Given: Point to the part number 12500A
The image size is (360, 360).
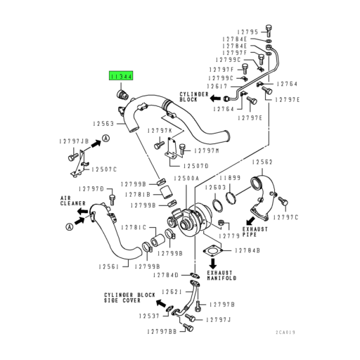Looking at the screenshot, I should pyautogui.click(x=187, y=179).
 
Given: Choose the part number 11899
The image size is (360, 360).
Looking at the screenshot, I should pyautogui.click(x=233, y=179).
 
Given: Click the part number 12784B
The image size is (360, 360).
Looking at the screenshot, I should pyautogui.click(x=247, y=250).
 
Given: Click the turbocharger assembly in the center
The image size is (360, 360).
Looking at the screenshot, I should pyautogui.click(x=191, y=219).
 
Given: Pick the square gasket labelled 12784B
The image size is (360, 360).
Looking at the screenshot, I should pyautogui.click(x=211, y=252).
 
